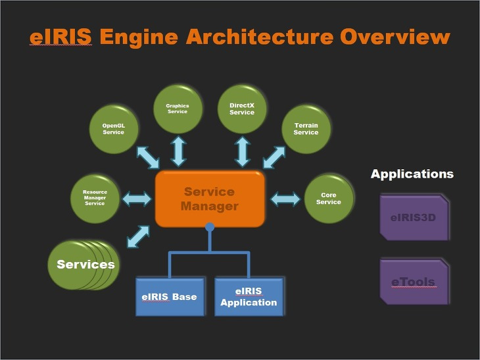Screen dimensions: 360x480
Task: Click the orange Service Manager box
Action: (x=210, y=199)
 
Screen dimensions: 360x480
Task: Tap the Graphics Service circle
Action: (x=178, y=108)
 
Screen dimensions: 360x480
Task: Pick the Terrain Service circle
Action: (x=306, y=128)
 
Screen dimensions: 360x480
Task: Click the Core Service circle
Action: (x=329, y=198)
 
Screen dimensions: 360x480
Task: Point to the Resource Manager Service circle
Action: (x=95, y=198)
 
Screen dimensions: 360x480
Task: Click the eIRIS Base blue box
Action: (x=169, y=297)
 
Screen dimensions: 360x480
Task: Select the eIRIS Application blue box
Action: (x=249, y=297)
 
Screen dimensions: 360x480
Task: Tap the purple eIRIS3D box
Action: (x=414, y=217)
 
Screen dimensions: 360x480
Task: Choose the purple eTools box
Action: (x=414, y=282)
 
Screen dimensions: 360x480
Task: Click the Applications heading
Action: (x=412, y=174)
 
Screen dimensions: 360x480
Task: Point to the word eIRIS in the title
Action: (x=60, y=37)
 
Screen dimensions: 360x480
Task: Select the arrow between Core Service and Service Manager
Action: (x=285, y=198)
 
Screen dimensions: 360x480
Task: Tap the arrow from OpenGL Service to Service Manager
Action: (x=147, y=157)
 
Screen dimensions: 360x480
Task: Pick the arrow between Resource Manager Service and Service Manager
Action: (x=137, y=198)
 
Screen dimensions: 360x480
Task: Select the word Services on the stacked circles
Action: (x=85, y=265)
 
